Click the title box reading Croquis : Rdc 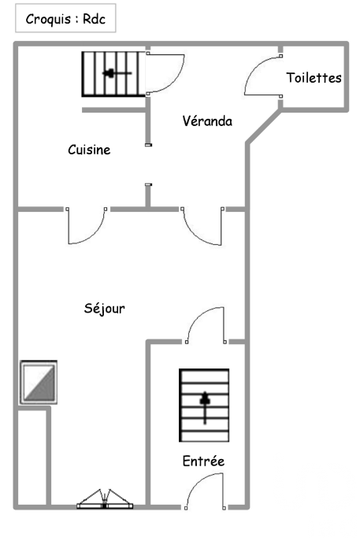[65, 18]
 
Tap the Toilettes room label [314, 78]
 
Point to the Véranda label [207, 120]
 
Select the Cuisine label [89, 150]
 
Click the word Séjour [104, 308]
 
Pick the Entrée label [203, 461]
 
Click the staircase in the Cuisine [113, 74]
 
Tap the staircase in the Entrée [204, 405]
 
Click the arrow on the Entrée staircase [205, 408]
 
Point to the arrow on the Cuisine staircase [117, 73]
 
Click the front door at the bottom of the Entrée [205, 491]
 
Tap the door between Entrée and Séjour [206, 325]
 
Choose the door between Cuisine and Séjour [87, 226]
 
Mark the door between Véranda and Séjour [202, 226]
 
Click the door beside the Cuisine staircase [165, 73]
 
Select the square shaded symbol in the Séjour [39, 382]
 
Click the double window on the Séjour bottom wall [105, 499]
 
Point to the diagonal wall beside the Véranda [263, 127]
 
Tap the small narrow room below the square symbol [32, 457]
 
